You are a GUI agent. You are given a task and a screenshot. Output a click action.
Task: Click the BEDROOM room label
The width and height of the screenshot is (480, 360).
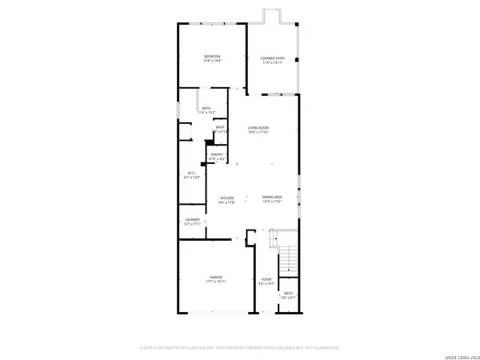[x=212, y=55]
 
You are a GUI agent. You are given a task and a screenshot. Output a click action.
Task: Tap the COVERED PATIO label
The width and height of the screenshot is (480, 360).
[x=272, y=58]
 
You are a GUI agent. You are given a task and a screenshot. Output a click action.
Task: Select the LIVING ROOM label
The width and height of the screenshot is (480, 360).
[x=258, y=128]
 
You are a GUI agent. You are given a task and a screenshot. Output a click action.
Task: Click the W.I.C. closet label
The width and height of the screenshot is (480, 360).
[x=192, y=172]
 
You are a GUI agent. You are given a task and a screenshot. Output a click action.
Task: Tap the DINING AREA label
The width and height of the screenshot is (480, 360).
[x=272, y=197]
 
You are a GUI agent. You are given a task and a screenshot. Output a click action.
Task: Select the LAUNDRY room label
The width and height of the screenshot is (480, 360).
[x=192, y=221]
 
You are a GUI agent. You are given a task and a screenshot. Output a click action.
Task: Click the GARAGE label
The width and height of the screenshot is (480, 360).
[x=212, y=277]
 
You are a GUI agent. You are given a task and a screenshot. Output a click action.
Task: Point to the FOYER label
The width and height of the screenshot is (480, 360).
[x=266, y=279]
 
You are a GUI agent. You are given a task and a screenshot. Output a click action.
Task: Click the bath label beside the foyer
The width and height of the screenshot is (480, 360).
[x=288, y=294]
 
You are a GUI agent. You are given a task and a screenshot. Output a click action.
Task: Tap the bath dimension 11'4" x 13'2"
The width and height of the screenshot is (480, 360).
[x=206, y=113]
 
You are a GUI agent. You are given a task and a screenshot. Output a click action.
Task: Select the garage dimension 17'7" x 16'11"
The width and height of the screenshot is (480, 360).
[x=212, y=282]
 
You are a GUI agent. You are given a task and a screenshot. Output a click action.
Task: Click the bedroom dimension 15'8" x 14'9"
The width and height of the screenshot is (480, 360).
[x=212, y=60]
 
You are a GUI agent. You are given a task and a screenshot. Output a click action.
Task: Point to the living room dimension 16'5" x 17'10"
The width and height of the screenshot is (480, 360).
[x=258, y=133]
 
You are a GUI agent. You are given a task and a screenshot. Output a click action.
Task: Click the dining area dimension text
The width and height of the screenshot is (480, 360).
[x=272, y=202]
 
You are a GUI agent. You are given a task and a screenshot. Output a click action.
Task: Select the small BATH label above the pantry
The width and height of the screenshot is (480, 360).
[x=219, y=127]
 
